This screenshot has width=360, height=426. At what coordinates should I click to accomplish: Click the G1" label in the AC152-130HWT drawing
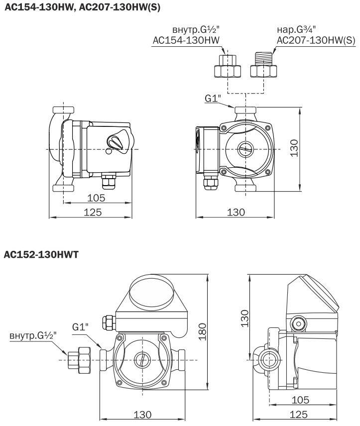pos(80,327)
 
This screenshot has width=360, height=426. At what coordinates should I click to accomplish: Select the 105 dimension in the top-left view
pos(96,198)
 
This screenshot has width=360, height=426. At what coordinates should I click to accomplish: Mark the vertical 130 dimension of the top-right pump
pos(294,148)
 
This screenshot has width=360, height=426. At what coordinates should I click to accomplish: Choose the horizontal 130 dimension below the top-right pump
pos(236,212)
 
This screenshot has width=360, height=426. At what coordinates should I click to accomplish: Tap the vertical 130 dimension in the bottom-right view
pos(244,316)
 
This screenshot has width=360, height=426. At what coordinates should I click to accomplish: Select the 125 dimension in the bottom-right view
pos(299,415)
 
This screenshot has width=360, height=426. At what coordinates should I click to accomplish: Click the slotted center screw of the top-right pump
pos(245,149)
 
